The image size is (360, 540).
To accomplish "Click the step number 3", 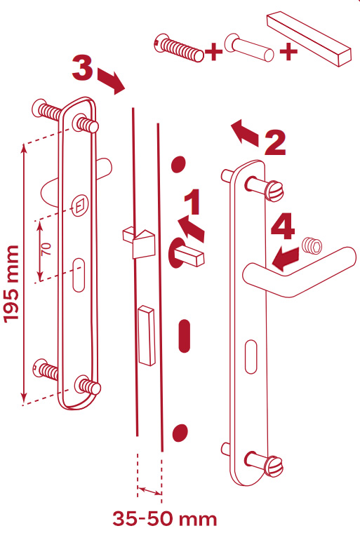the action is pyautogui.click(x=82, y=67).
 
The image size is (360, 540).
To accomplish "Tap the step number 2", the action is pyautogui.click(x=275, y=142).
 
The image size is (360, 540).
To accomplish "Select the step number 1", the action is pyautogui.click(x=192, y=201).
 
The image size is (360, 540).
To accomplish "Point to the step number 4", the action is pyautogui.click(x=283, y=226).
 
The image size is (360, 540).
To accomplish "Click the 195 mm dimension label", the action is pyautogui.click(x=11, y=284).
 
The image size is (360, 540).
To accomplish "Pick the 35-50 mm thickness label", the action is pyautogui.click(x=165, y=519).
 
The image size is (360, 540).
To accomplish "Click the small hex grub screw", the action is pyautogui.click(x=312, y=246).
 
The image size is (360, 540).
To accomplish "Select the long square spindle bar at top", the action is pyautogui.click(x=309, y=39).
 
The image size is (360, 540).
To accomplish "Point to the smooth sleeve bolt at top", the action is pyautogui.click(x=248, y=48).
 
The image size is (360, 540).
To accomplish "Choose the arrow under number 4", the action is pyautogui.click(x=286, y=259).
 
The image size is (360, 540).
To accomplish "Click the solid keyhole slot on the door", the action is pyautogui.click(x=185, y=336).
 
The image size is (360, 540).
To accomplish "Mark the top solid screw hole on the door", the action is pyautogui.click(x=178, y=164).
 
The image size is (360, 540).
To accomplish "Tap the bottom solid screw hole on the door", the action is pyautogui.click(x=179, y=433).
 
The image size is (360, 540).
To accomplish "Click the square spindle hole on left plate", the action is pyautogui.click(x=79, y=206).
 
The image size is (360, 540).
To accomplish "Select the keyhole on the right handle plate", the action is pyautogui.click(x=251, y=357).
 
